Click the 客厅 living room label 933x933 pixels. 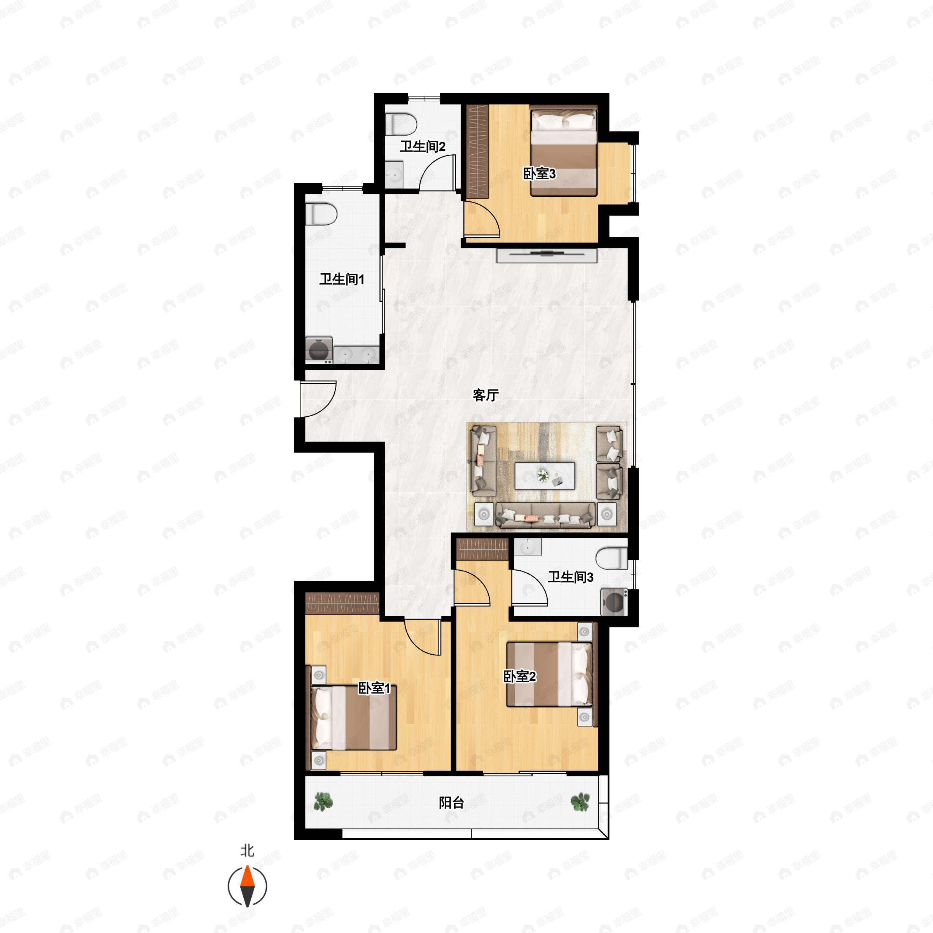click(485, 395)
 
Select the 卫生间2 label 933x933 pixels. click(422, 146)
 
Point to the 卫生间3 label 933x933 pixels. click(570, 577)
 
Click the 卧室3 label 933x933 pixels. click(540, 173)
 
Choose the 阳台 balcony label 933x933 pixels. click(451, 803)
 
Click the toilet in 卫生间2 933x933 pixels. click(401, 124)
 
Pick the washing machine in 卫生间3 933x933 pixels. click(614, 602)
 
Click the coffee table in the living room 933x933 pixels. click(545, 476)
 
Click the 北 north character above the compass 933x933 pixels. click(247, 850)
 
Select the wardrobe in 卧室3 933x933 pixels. click(478, 151)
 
